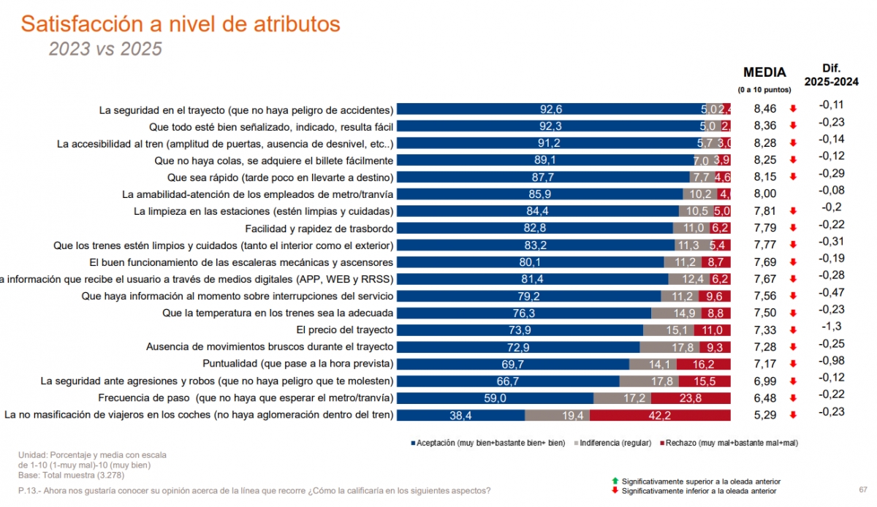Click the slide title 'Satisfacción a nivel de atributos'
point(181,24)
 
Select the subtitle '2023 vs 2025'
point(105,49)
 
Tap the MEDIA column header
point(764,72)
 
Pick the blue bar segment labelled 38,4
point(460,415)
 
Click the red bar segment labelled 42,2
point(660,415)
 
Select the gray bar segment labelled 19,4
point(557,415)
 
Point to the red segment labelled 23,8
point(690,398)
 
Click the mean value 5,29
point(764,415)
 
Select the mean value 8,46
point(764,110)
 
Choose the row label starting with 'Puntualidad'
point(297,363)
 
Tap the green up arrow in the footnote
point(615,481)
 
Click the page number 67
point(863,489)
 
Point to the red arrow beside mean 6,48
point(792,399)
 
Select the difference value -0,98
point(832,360)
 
